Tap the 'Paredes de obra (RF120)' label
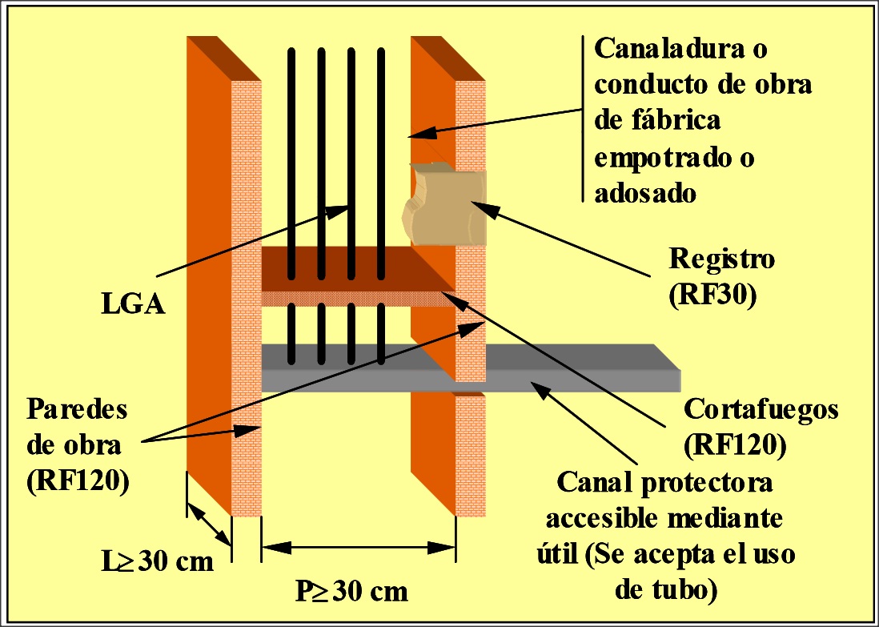(78, 446)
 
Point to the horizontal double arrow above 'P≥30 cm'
(359, 549)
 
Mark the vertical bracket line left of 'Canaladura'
(581, 120)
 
